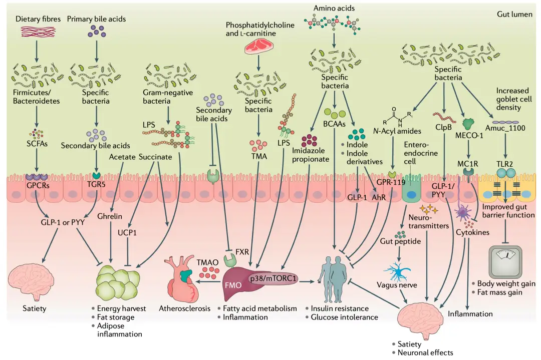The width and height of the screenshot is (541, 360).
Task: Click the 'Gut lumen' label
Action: (x=514, y=14)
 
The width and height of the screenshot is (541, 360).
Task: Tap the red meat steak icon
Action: (x=259, y=47)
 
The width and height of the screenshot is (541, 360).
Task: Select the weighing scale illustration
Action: (x=505, y=261)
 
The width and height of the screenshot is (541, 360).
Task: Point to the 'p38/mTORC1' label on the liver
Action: (x=273, y=278)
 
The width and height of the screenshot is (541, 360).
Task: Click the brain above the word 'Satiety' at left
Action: (x=31, y=280)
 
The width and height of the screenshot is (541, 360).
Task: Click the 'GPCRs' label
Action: (x=38, y=186)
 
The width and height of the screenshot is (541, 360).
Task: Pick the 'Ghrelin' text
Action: (x=110, y=216)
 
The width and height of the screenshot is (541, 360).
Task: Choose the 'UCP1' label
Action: (x=127, y=232)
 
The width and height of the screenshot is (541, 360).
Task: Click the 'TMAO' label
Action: (x=207, y=262)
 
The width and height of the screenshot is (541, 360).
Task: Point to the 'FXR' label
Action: (x=242, y=252)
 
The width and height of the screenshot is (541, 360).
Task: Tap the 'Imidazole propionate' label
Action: (x=311, y=155)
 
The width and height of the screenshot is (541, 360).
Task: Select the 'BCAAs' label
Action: (x=334, y=124)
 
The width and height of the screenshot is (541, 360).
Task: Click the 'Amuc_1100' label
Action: (x=505, y=128)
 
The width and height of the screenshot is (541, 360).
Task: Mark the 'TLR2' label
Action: (x=505, y=164)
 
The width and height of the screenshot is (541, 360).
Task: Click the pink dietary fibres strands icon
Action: (x=38, y=32)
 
